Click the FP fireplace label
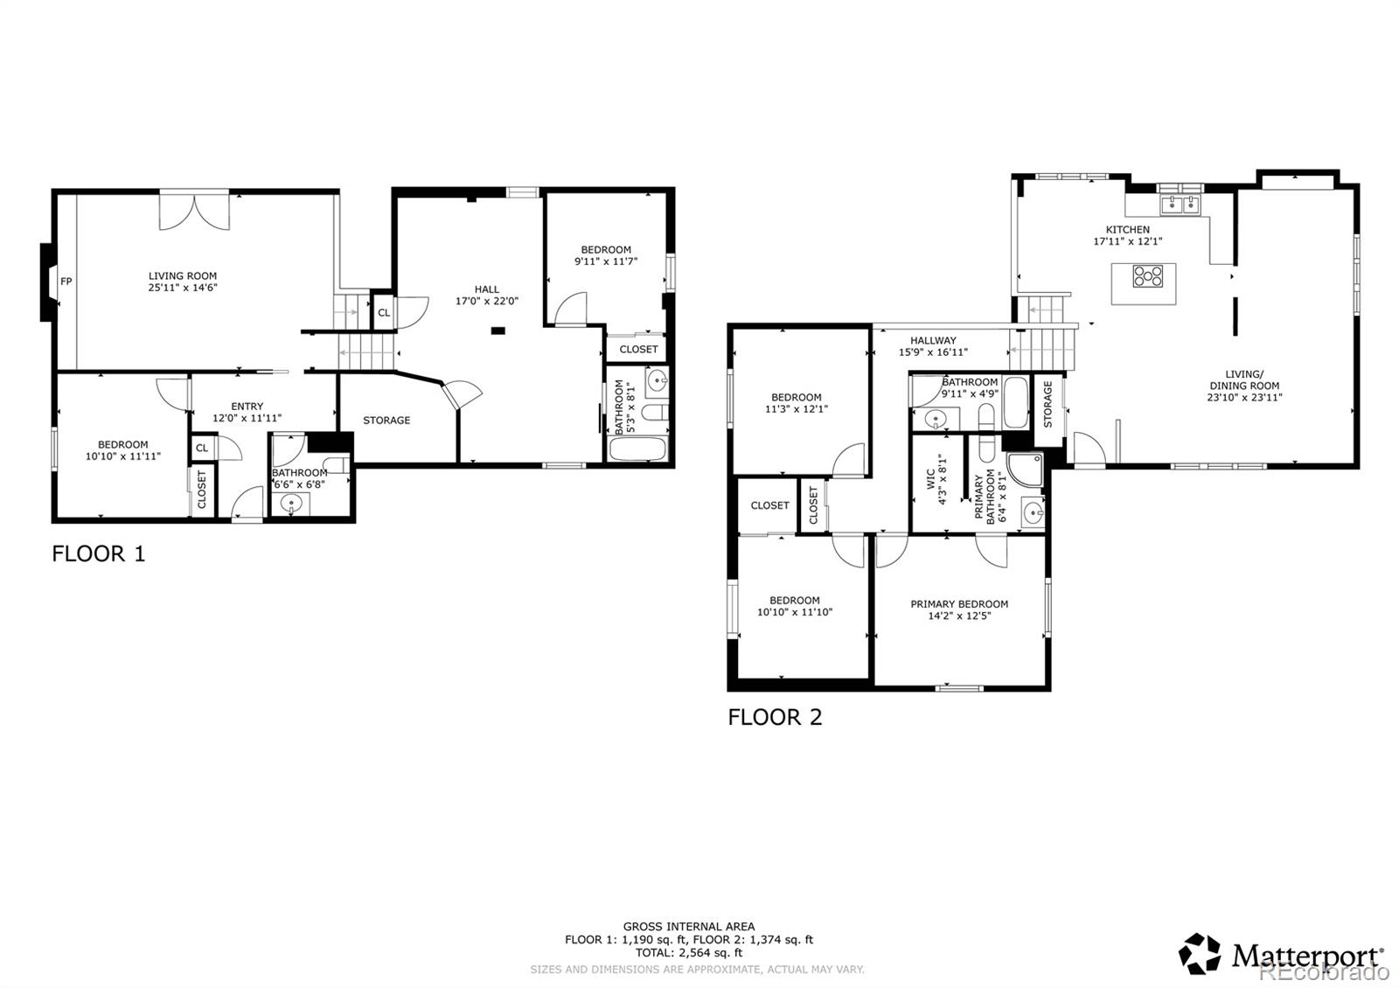pos(66,281)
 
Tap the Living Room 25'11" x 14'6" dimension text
pos(183,288)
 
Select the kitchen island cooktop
pos(1148,276)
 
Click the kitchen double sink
pos(1180,205)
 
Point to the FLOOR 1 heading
pos(99,553)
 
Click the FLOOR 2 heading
pos(775,717)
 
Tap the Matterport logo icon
pos(1199,954)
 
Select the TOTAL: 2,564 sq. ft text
pos(689,953)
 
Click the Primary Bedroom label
pos(958,604)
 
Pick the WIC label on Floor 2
pos(930,479)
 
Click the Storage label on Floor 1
pos(386,421)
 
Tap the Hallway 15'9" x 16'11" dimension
pos(933,352)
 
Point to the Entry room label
pos(247,406)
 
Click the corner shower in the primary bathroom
pos(1024,470)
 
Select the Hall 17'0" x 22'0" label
pos(486,295)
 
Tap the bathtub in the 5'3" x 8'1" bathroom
pos(637,449)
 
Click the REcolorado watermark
pos(1321,972)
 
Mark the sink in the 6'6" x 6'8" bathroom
pos(291,503)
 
